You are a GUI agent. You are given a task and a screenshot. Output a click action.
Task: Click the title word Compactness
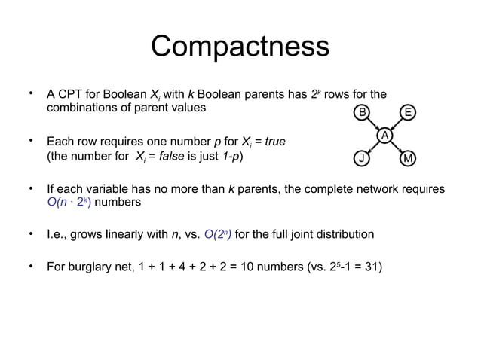click(240, 47)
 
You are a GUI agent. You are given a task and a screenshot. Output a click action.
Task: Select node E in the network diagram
click(408, 114)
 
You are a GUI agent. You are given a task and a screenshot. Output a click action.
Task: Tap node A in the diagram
click(384, 136)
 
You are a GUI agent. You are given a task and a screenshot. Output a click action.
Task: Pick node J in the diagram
click(362, 158)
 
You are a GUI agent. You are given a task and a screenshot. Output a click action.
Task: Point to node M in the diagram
click(408, 158)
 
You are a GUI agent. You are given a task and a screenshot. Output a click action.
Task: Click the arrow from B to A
click(373, 125)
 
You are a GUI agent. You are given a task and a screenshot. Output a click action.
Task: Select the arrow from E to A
click(397, 125)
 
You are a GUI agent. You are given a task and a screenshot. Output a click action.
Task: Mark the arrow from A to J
click(373, 147)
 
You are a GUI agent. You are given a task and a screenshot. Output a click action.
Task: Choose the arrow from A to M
click(397, 147)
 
